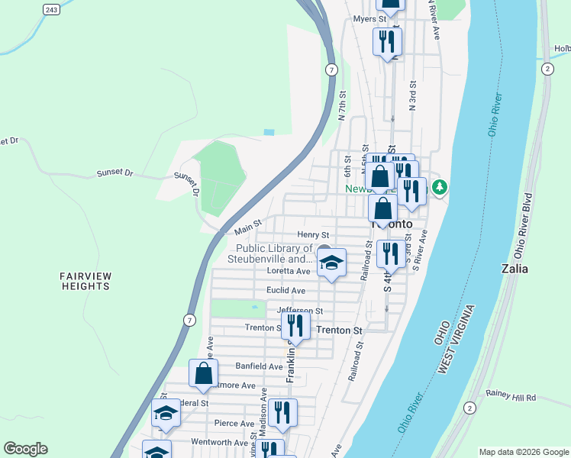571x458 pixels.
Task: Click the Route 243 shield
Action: tap(51, 9)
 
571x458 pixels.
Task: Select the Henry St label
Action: tap(313, 234)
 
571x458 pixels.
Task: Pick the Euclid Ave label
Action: tap(286, 290)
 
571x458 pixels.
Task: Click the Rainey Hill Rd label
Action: tap(511, 398)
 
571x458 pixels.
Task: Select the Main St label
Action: tap(248, 226)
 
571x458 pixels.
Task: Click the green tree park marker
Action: tap(439, 187)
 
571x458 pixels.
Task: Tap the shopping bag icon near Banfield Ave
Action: tap(203, 374)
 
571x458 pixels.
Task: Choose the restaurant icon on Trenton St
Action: tap(295, 326)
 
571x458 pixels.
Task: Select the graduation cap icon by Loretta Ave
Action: tap(331, 263)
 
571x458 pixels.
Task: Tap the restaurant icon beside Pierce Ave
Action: tap(282, 413)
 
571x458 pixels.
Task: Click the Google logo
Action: tap(25, 449)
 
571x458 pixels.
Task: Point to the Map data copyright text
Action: tap(523, 452)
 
